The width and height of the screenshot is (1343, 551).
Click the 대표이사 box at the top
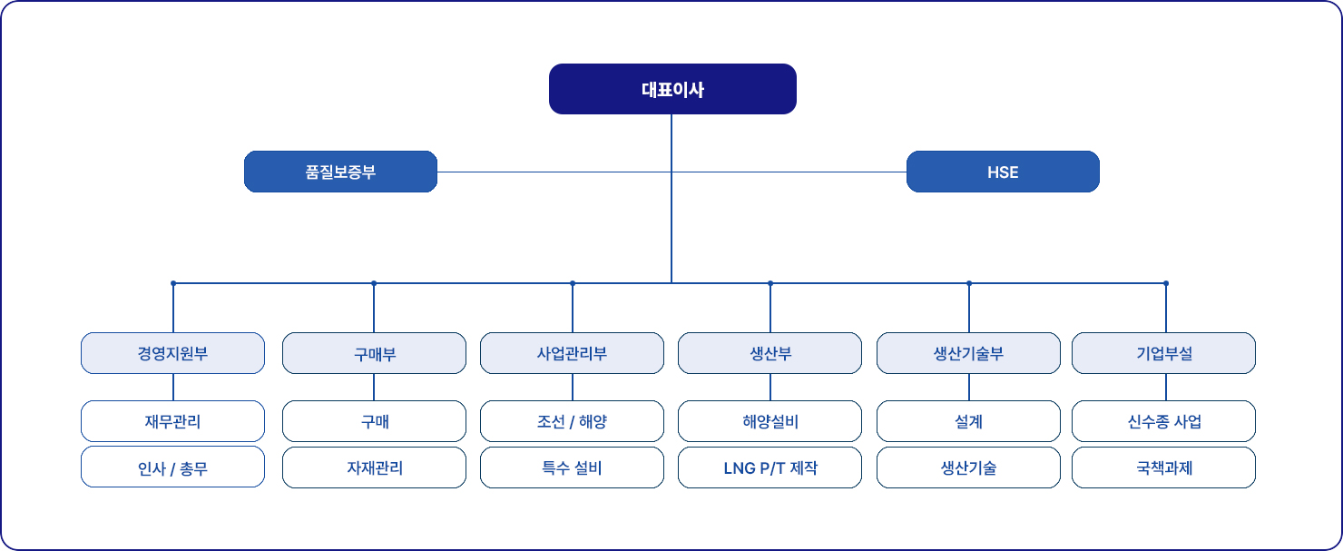click(672, 89)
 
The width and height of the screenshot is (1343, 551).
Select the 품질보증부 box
click(340, 172)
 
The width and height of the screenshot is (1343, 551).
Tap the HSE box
click(1003, 172)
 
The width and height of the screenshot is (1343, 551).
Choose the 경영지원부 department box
click(172, 353)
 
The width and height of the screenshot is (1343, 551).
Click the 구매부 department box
click(374, 353)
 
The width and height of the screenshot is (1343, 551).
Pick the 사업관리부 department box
click(572, 353)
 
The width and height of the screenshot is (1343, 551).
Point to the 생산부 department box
click(770, 353)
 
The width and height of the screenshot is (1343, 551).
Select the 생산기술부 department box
click(968, 353)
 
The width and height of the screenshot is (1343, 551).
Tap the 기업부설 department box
click(1164, 353)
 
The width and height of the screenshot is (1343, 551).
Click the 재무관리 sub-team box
click(172, 421)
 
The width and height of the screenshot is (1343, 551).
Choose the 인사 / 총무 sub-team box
click(172, 467)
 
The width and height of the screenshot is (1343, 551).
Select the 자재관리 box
click(374, 467)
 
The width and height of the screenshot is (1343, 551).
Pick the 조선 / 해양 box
click(572, 421)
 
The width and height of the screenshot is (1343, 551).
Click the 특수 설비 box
click(572, 467)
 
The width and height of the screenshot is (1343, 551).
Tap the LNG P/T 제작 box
click(770, 467)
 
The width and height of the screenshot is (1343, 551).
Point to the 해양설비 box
click(770, 421)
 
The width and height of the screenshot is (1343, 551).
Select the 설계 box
click(968, 421)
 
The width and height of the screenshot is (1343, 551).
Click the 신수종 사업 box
click(1164, 421)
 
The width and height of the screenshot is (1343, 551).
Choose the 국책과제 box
click(1164, 467)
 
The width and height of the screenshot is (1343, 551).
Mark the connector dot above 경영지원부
click(173, 283)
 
